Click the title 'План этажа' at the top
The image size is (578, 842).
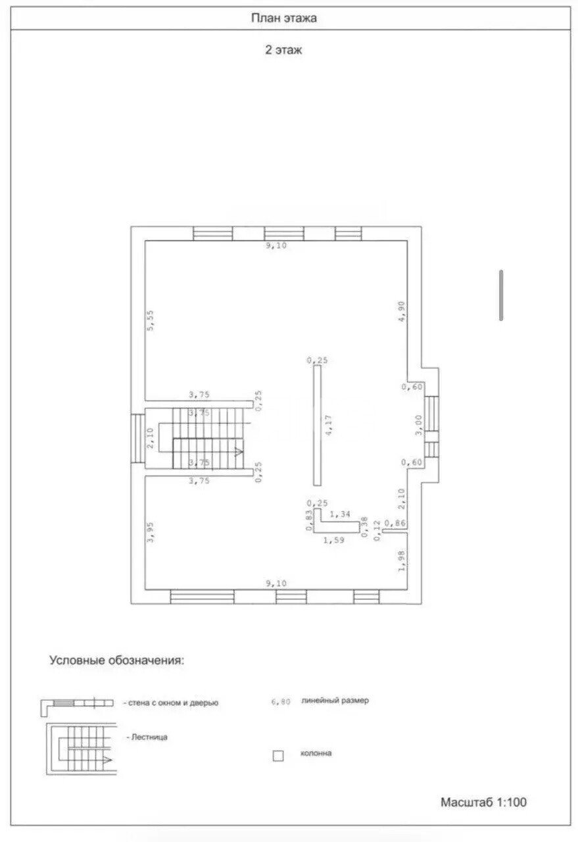pyautogui.click(x=283, y=18)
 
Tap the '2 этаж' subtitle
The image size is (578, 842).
pyautogui.click(x=283, y=50)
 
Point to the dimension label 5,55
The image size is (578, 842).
pyautogui.click(x=151, y=321)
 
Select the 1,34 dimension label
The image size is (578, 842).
pyautogui.click(x=340, y=513)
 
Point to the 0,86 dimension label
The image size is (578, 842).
pyautogui.click(x=395, y=523)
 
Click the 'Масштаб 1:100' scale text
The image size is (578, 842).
pyautogui.click(x=483, y=802)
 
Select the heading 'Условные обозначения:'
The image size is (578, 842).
pyautogui.click(x=116, y=660)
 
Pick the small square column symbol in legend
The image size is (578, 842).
pyautogui.click(x=278, y=756)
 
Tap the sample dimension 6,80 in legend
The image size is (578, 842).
pyautogui.click(x=281, y=702)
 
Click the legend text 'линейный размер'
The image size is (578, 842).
pyautogui.click(x=335, y=701)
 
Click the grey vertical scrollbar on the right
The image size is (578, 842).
pyautogui.click(x=501, y=295)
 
